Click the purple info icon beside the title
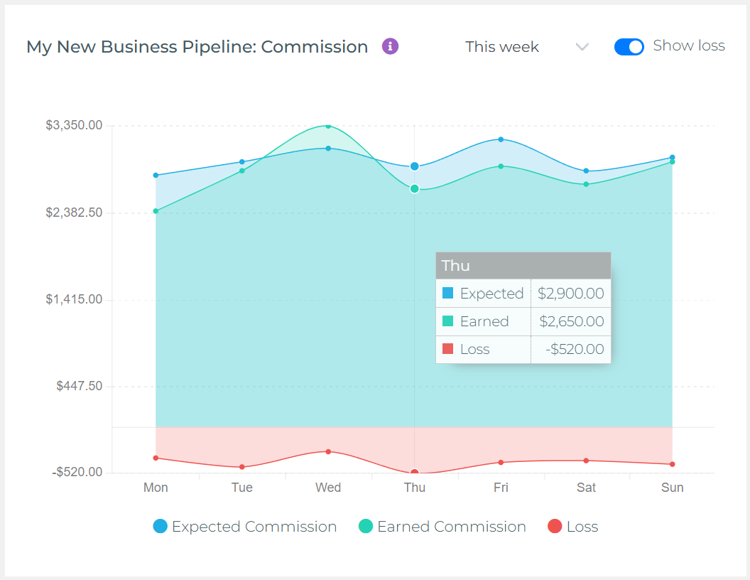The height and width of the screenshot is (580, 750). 390,47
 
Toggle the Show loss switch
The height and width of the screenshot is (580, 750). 629,47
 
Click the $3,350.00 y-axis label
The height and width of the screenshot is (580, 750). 74,125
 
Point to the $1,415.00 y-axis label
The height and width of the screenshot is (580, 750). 74,299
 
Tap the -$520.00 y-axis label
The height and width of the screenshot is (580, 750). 77,472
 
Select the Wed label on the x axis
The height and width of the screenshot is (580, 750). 328,488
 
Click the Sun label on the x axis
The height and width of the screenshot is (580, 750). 672,488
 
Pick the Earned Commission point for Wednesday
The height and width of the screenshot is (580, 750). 328,126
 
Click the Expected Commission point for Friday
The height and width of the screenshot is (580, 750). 501,139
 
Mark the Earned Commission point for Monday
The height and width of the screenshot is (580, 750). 156,211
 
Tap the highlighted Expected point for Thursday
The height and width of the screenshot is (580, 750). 415,166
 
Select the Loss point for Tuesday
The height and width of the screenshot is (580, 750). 242,467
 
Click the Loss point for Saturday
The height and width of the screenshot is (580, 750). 586,461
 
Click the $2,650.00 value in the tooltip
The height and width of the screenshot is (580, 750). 571,321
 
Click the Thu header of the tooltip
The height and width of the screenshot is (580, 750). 523,266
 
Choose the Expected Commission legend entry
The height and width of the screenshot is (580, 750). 245,527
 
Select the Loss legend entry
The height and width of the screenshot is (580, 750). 573,527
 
